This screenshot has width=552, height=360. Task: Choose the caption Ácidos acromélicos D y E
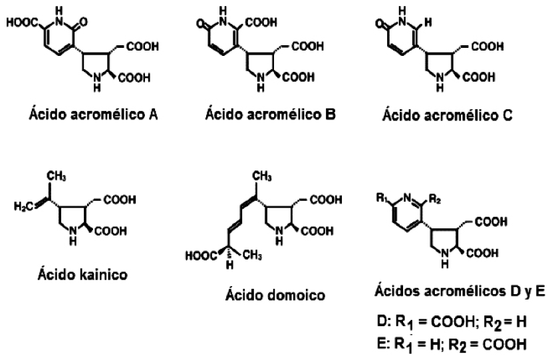point(450,293)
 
